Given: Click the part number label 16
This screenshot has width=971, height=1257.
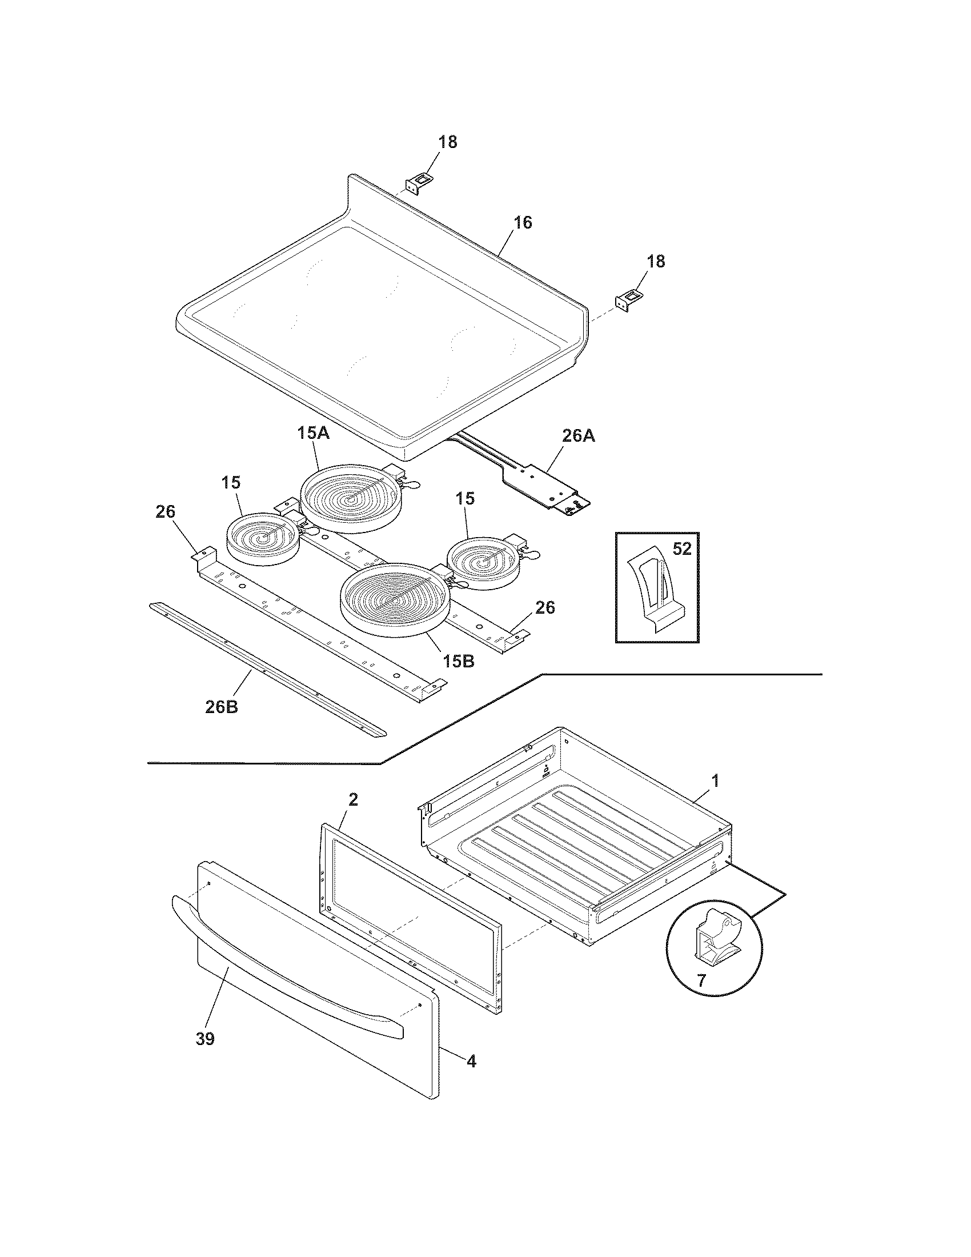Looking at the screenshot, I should point(522,223).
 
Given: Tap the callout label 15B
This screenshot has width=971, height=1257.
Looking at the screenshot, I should point(458,660).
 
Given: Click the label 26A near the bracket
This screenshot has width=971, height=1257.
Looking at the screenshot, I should point(578,437).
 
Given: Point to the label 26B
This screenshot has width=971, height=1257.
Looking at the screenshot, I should point(222,707).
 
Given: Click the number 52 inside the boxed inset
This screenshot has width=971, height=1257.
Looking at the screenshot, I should point(681,549).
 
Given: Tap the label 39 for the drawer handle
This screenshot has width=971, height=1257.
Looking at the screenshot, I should point(205,1039).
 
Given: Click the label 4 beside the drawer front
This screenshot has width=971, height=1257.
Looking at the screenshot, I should point(471,1061).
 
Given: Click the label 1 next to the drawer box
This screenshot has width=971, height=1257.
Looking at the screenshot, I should point(715,781).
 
